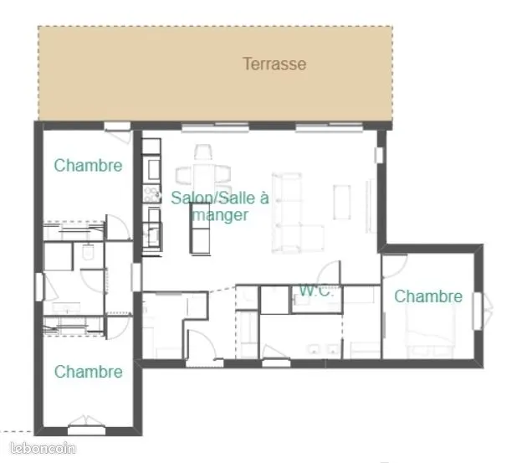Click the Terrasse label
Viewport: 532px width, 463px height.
274,64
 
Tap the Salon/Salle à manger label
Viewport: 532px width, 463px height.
220,206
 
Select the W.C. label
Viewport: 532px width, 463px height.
315,291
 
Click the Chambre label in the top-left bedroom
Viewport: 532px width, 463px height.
88,166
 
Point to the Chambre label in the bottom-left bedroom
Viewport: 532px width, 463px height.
89,372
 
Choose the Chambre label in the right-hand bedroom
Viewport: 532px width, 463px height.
428,296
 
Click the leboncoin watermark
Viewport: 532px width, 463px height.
43,449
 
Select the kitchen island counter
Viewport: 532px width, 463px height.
200,229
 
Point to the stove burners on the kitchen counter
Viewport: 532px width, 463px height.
151,193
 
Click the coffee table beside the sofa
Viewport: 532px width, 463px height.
342,202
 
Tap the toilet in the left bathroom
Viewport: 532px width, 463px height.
88,252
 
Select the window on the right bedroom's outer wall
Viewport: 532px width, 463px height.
478,311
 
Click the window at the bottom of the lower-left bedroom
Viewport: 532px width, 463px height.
86,430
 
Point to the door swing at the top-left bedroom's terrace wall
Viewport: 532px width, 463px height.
120,136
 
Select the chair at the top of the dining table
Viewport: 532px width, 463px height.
203,152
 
